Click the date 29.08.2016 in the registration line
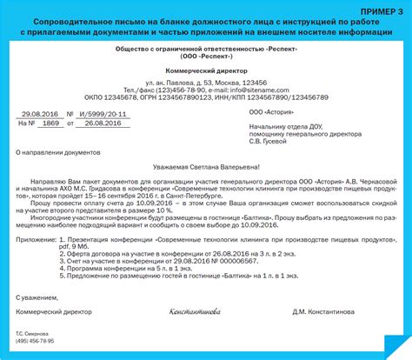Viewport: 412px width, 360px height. tap(40, 114)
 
